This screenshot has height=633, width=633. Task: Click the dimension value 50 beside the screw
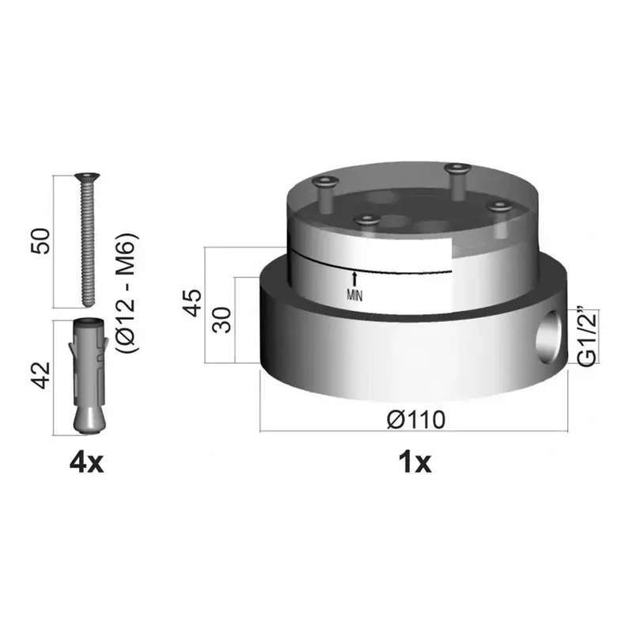(x=41, y=241)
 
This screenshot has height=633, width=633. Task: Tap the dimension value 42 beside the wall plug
(x=42, y=375)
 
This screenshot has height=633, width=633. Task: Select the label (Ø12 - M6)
(x=128, y=293)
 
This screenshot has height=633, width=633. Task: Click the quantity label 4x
(x=87, y=464)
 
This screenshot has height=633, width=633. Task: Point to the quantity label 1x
(x=415, y=464)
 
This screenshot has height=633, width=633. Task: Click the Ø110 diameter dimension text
(x=416, y=420)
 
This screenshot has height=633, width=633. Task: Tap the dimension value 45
(x=192, y=303)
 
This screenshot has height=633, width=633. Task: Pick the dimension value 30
(x=222, y=320)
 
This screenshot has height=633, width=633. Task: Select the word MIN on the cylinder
(x=354, y=296)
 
